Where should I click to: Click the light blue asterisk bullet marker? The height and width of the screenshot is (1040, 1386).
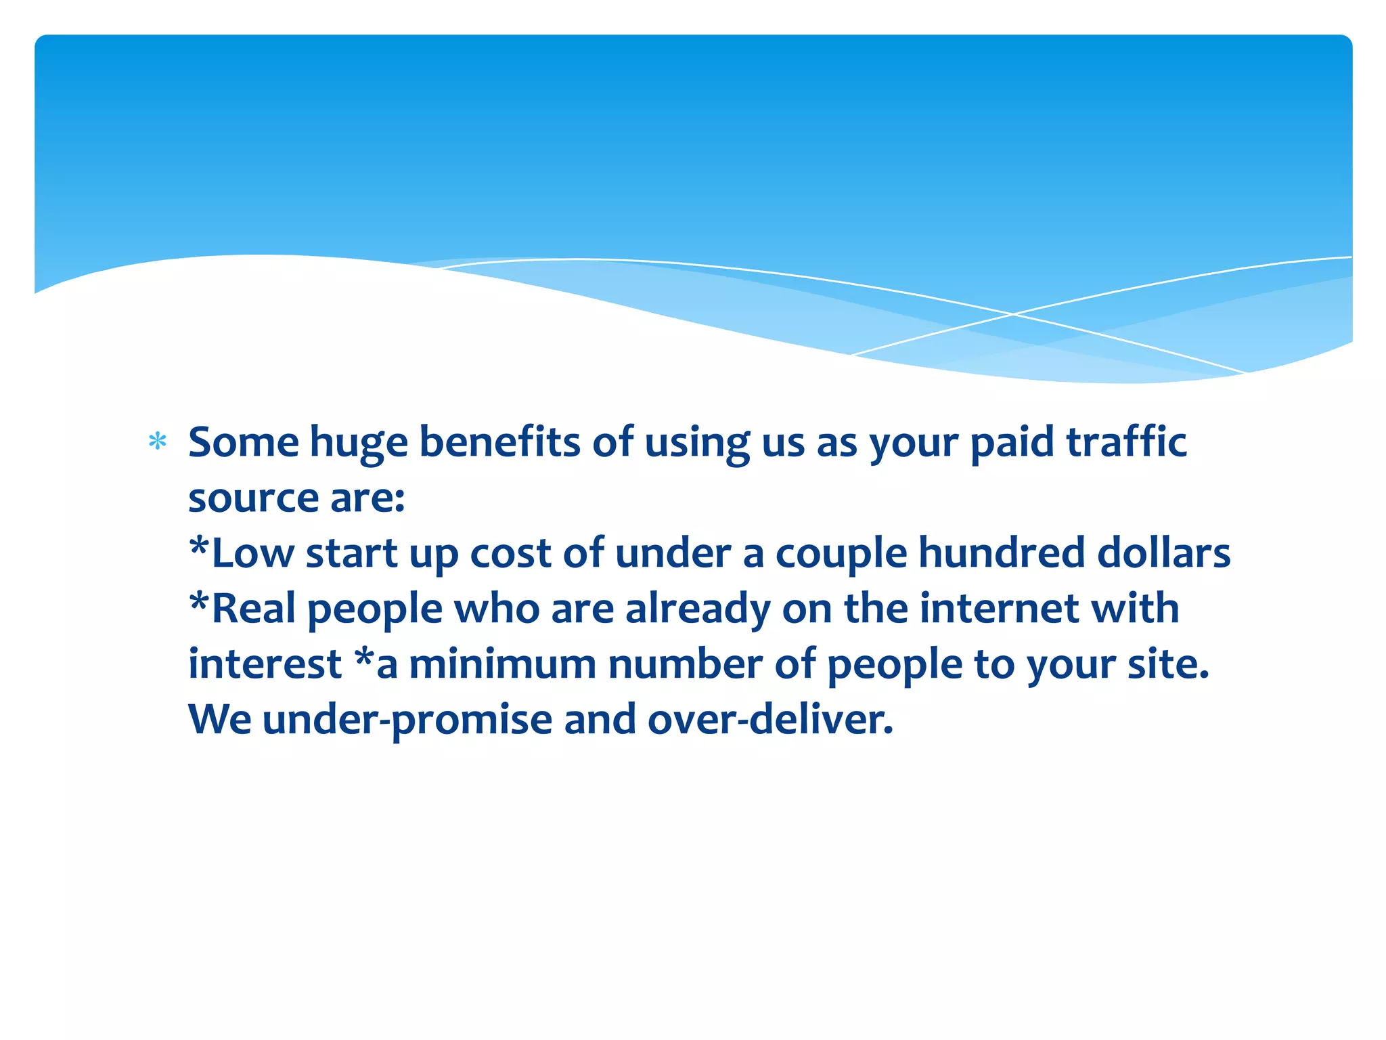tap(158, 442)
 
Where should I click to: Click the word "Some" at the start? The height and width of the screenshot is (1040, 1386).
tap(244, 442)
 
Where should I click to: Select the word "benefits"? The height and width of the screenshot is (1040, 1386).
tap(499, 442)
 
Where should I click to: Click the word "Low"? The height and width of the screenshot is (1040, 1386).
tap(252, 553)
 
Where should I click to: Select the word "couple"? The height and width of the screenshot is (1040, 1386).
tap(841, 555)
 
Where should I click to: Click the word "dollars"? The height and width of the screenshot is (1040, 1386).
tap(1163, 553)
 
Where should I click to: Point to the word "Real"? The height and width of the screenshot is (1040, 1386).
tap(252, 608)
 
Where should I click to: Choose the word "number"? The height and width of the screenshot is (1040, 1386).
tap(686, 664)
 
